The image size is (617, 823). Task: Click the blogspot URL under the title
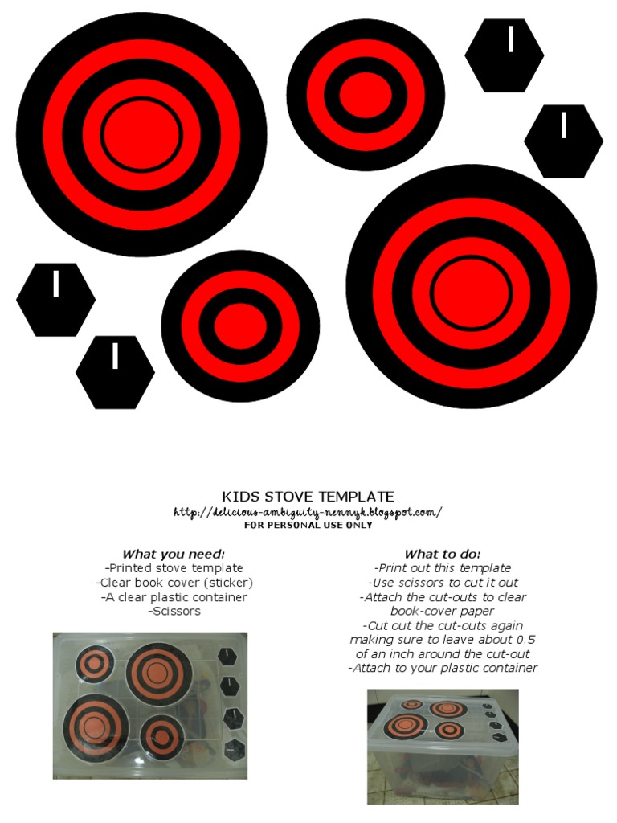click(308, 512)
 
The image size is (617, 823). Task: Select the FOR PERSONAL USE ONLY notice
click(308, 526)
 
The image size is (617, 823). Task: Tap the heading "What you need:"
click(174, 554)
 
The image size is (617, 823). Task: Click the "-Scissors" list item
click(174, 612)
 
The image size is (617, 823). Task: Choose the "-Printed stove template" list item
click(174, 568)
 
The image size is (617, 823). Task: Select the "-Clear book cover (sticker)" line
click(174, 583)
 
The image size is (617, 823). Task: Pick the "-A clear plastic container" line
click(174, 597)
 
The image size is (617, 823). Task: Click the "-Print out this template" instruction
click(443, 568)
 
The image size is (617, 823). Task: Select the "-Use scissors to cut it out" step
click(443, 583)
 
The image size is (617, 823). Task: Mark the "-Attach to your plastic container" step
click(443, 668)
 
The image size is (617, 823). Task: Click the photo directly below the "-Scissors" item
click(150, 705)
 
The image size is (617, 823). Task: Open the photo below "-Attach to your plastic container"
click(443, 746)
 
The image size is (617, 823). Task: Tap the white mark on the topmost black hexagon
click(511, 39)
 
